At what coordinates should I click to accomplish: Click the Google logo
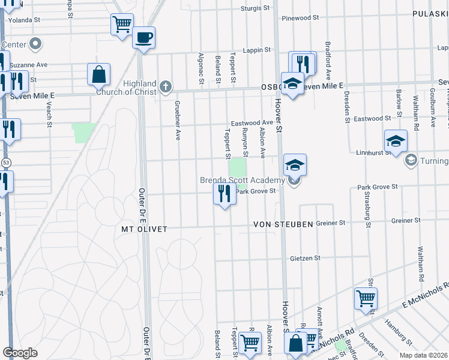(20, 353)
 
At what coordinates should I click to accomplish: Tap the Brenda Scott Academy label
(243, 181)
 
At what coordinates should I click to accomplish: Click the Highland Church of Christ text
(140, 88)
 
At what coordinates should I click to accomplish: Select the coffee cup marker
(143, 38)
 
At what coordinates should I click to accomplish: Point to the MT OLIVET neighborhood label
(143, 229)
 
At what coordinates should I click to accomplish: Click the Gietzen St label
(305, 257)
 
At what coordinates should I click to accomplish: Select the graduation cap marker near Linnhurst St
(396, 142)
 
